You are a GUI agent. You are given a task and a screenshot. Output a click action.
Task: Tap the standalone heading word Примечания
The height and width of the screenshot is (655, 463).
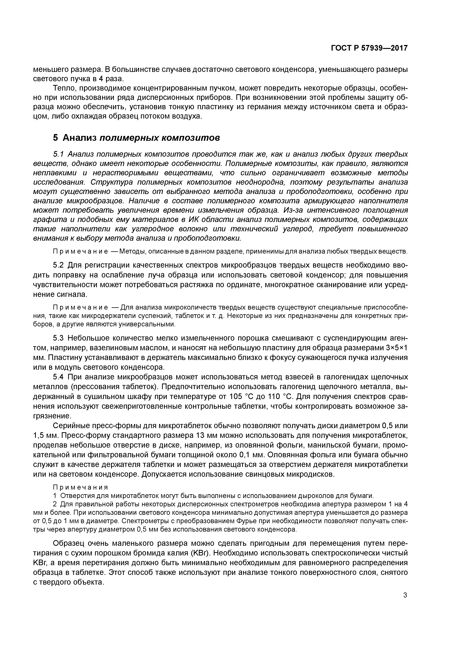(81, 487)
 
